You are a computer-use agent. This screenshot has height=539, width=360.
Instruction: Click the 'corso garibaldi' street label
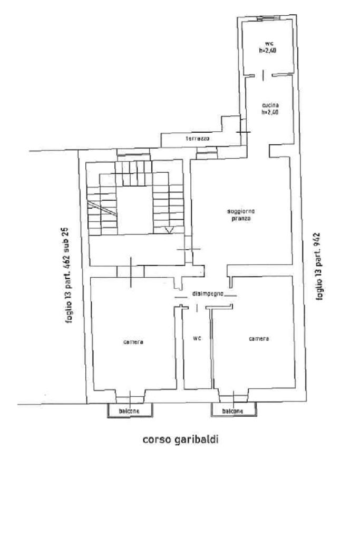click(x=180, y=439)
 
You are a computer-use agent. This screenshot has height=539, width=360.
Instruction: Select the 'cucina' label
click(x=269, y=105)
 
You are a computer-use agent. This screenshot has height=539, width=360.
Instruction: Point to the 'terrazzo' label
click(x=198, y=139)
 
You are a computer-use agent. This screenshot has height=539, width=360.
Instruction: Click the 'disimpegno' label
click(x=209, y=292)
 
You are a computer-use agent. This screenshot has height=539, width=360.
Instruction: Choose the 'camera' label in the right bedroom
click(x=259, y=339)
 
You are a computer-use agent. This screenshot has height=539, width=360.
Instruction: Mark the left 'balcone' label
click(x=129, y=411)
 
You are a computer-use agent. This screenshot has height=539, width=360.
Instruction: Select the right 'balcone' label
click(x=232, y=411)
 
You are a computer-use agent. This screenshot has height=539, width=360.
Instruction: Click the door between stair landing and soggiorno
click(x=188, y=249)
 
